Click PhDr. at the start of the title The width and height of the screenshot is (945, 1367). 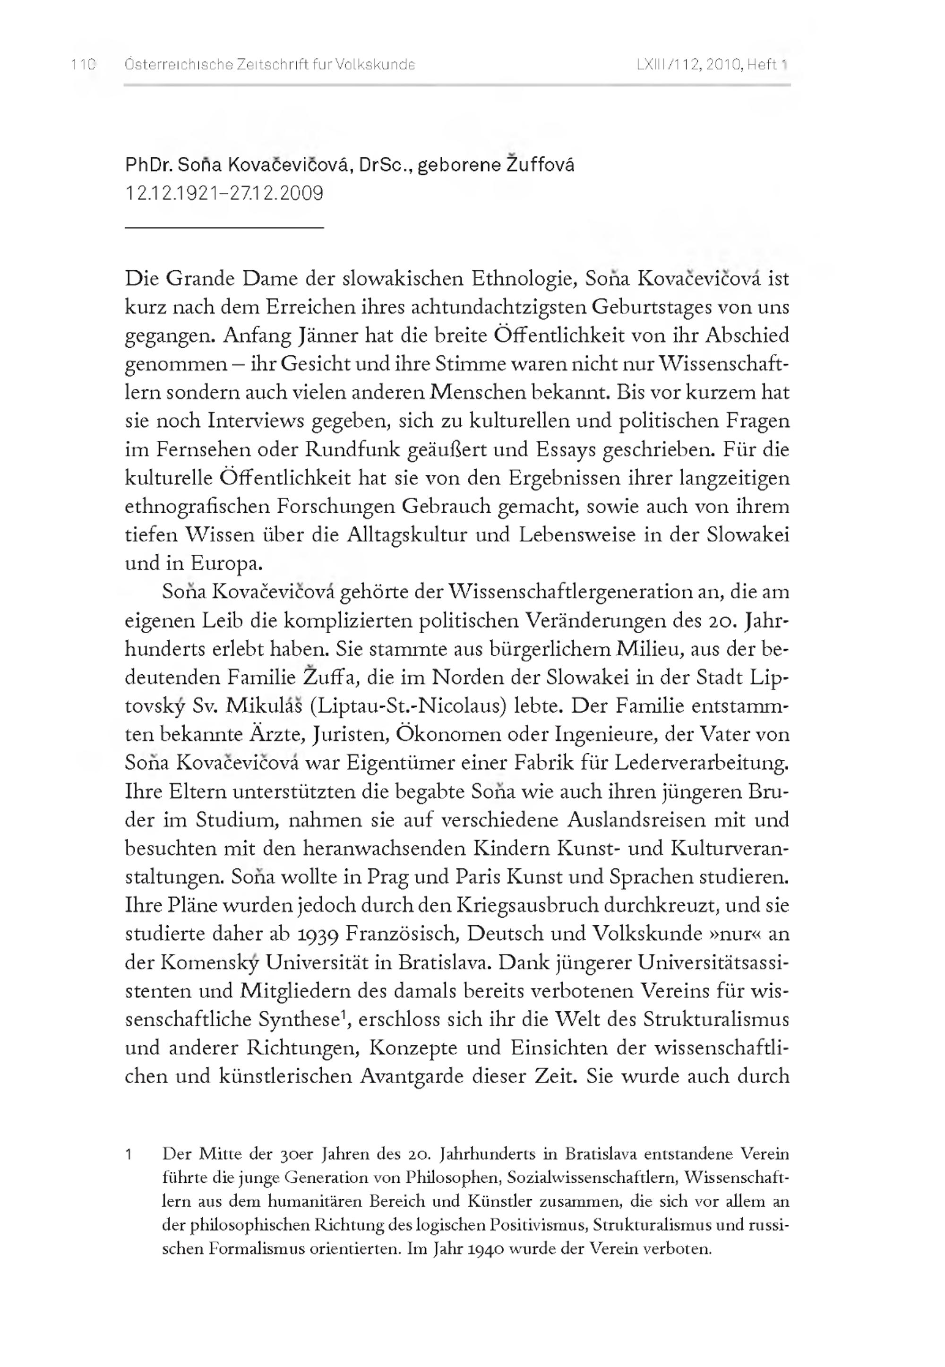coord(148,165)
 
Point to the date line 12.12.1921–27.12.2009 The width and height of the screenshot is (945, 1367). coord(224,194)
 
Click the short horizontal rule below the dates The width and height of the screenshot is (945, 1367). coord(224,227)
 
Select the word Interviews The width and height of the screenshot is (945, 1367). coord(257,421)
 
